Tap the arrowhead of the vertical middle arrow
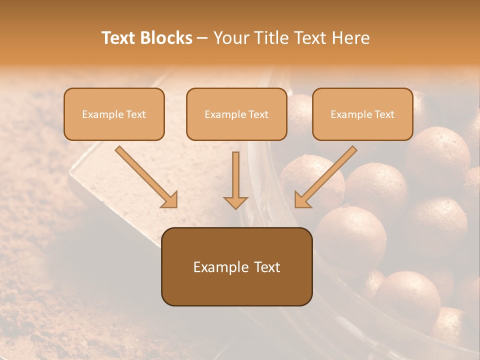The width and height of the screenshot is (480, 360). pos(235,202)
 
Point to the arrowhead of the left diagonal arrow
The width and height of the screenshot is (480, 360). pos(170,200)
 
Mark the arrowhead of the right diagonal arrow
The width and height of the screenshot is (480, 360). pos(302,200)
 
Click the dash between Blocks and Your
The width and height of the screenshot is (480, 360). pos(202,38)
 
